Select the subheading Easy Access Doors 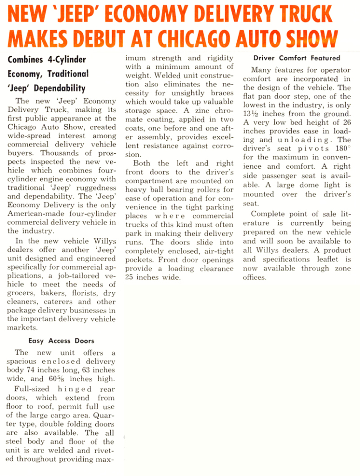pos(61,341)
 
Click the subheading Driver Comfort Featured pos(297,58)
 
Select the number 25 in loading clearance pos(130,278)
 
